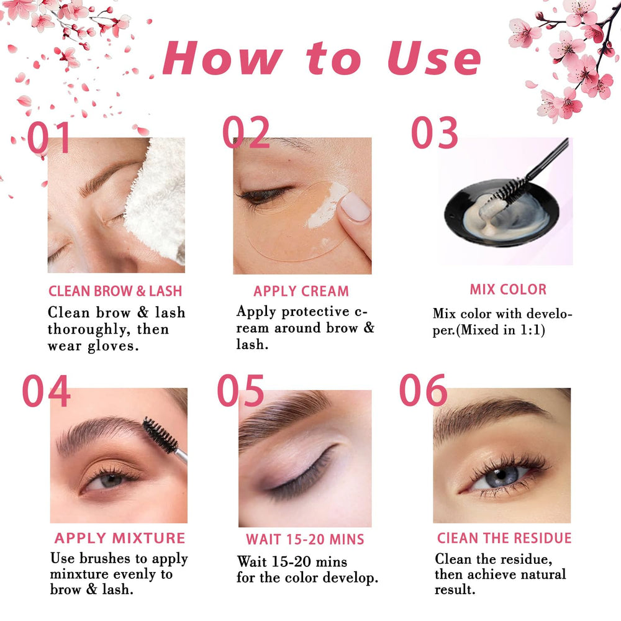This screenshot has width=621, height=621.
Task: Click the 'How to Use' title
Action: (322, 58)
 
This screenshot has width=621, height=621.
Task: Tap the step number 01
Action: (48, 137)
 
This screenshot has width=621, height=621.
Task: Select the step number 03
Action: (435, 133)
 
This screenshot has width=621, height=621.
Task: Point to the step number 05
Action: (240, 391)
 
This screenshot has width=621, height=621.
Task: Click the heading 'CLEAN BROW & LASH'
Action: (116, 291)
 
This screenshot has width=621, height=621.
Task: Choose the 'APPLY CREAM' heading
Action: (301, 291)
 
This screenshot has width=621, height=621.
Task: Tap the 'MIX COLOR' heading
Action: (508, 289)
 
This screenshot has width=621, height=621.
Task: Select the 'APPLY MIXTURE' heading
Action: (120, 538)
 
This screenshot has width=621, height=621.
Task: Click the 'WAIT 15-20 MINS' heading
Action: (305, 540)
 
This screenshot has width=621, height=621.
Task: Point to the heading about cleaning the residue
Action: (504, 538)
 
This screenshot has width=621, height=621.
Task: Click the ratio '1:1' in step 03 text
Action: (530, 330)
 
